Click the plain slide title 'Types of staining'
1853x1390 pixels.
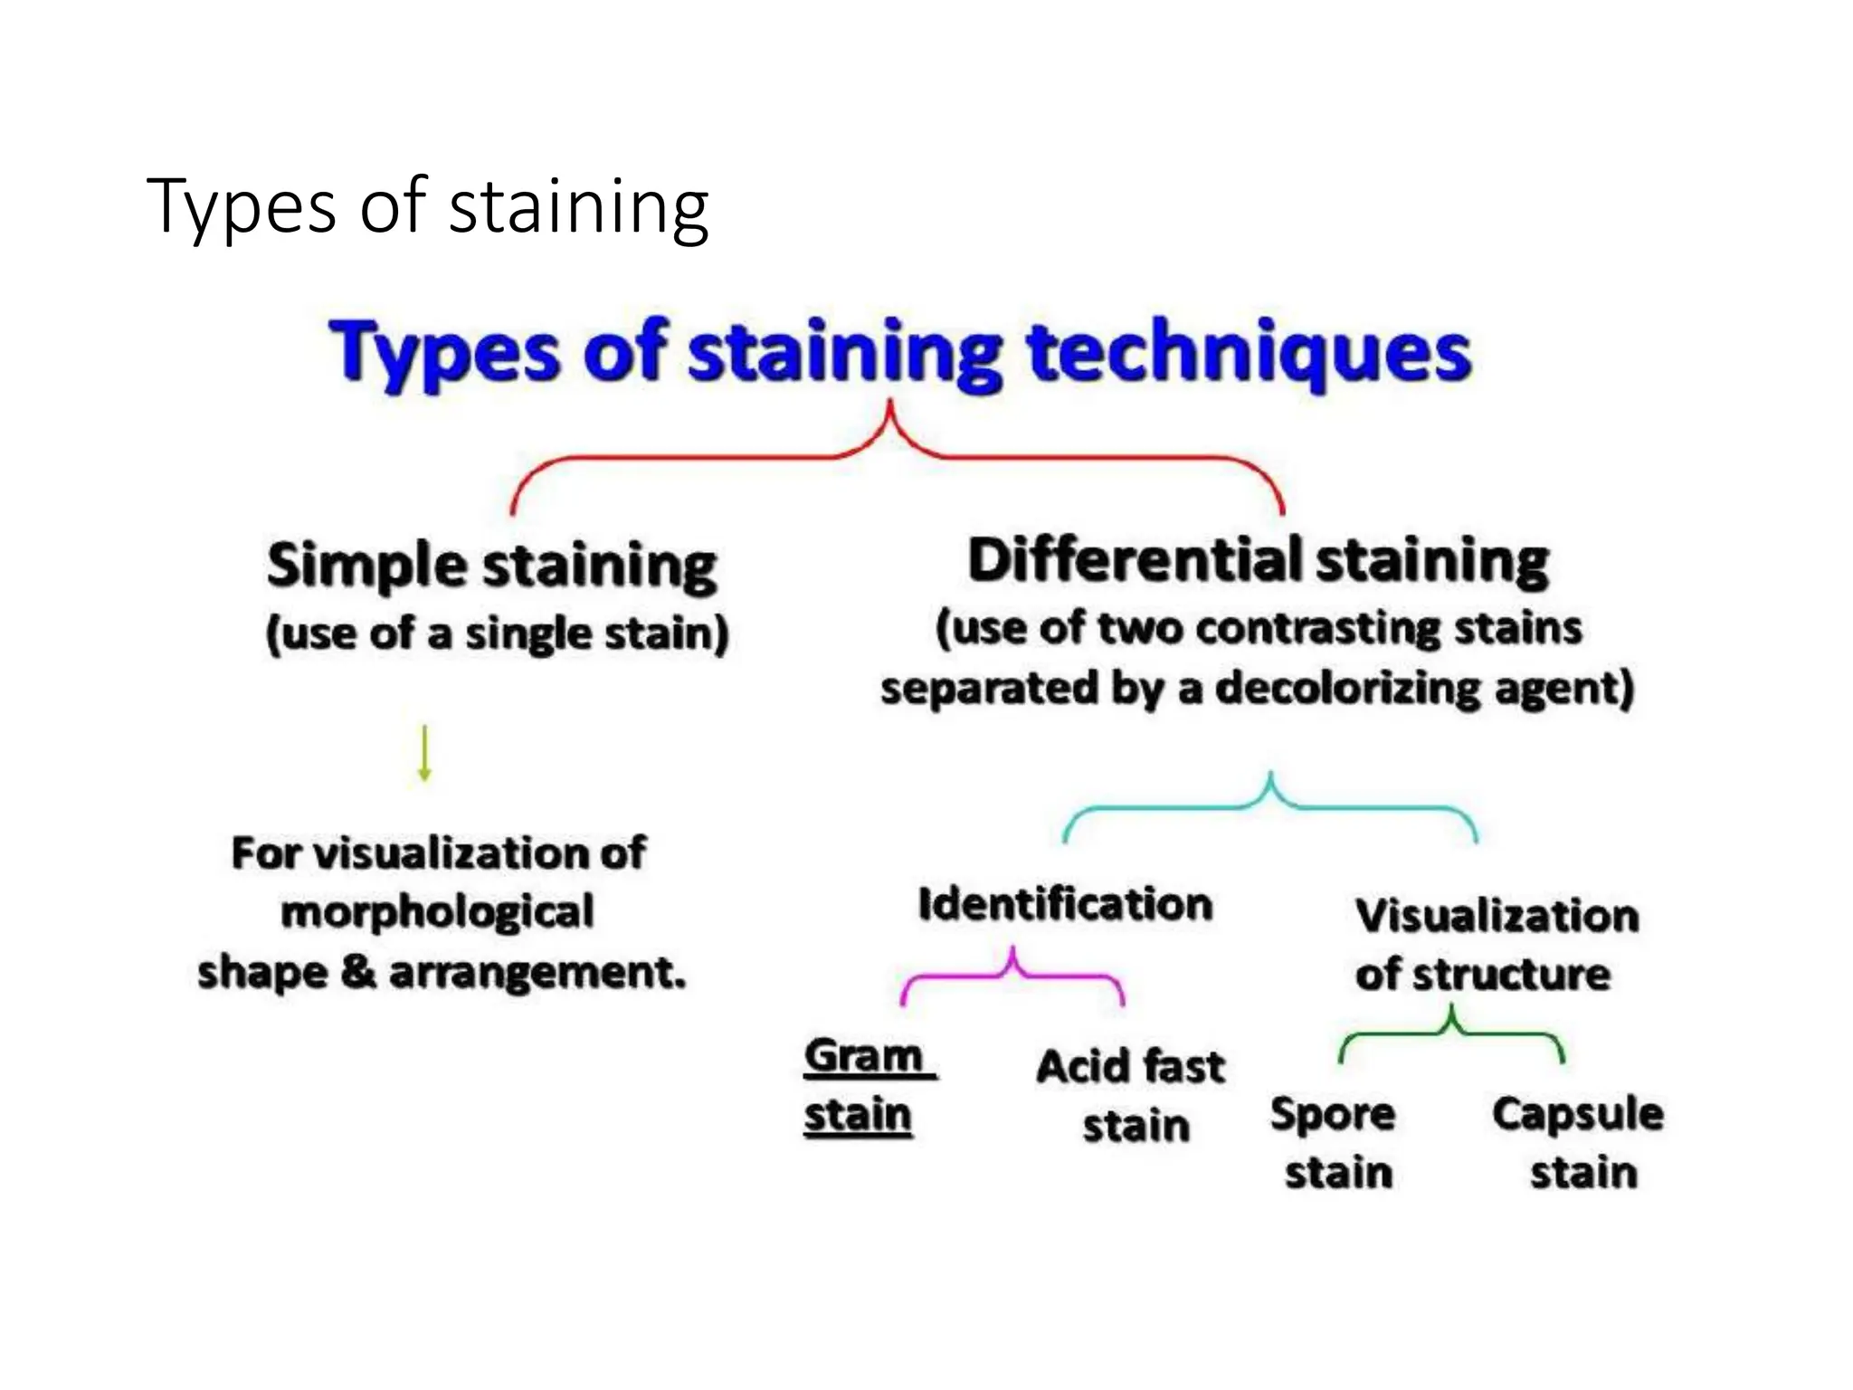pyautogui.click(x=427, y=207)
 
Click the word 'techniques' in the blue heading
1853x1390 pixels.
pyautogui.click(x=1249, y=355)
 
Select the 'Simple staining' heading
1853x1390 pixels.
pyautogui.click(x=491, y=566)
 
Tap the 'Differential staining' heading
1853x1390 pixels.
pyautogui.click(x=1258, y=560)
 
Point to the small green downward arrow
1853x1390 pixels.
pyautogui.click(x=424, y=753)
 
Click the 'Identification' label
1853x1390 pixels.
pyautogui.click(x=1065, y=904)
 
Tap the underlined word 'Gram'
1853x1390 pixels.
pyautogui.click(x=864, y=1056)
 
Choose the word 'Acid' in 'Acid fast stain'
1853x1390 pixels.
pyautogui.click(x=1082, y=1067)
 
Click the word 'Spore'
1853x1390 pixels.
pyautogui.click(x=1332, y=1115)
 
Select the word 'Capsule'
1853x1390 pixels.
pyautogui.click(x=1578, y=1115)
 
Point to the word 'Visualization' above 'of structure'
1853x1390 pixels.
pyautogui.click(x=1497, y=916)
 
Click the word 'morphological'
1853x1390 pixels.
pyautogui.click(x=438, y=912)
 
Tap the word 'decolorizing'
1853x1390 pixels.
pyautogui.click(x=1347, y=689)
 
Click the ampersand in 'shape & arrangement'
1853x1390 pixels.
pyautogui.click(x=359, y=973)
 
